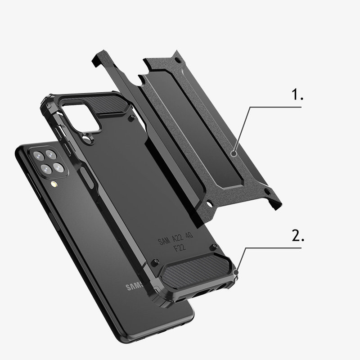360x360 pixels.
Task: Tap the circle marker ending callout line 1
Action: click(234, 153)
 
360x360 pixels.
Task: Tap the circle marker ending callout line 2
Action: click(237, 272)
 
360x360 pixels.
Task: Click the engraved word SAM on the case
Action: click(164, 242)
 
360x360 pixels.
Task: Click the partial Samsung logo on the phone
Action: click(134, 286)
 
